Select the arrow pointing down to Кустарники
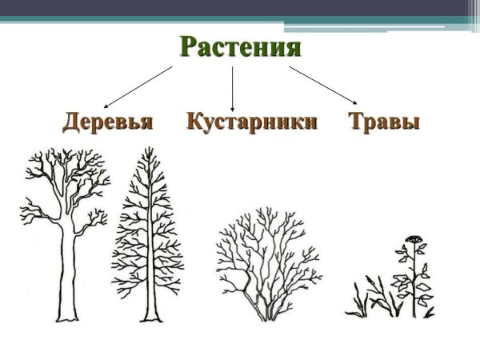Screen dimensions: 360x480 click(x=232, y=88)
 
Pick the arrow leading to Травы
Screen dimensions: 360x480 click(x=323, y=86)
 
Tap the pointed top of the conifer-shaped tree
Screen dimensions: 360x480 click(x=146, y=150)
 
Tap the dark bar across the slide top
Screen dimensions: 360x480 click(x=240, y=7)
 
